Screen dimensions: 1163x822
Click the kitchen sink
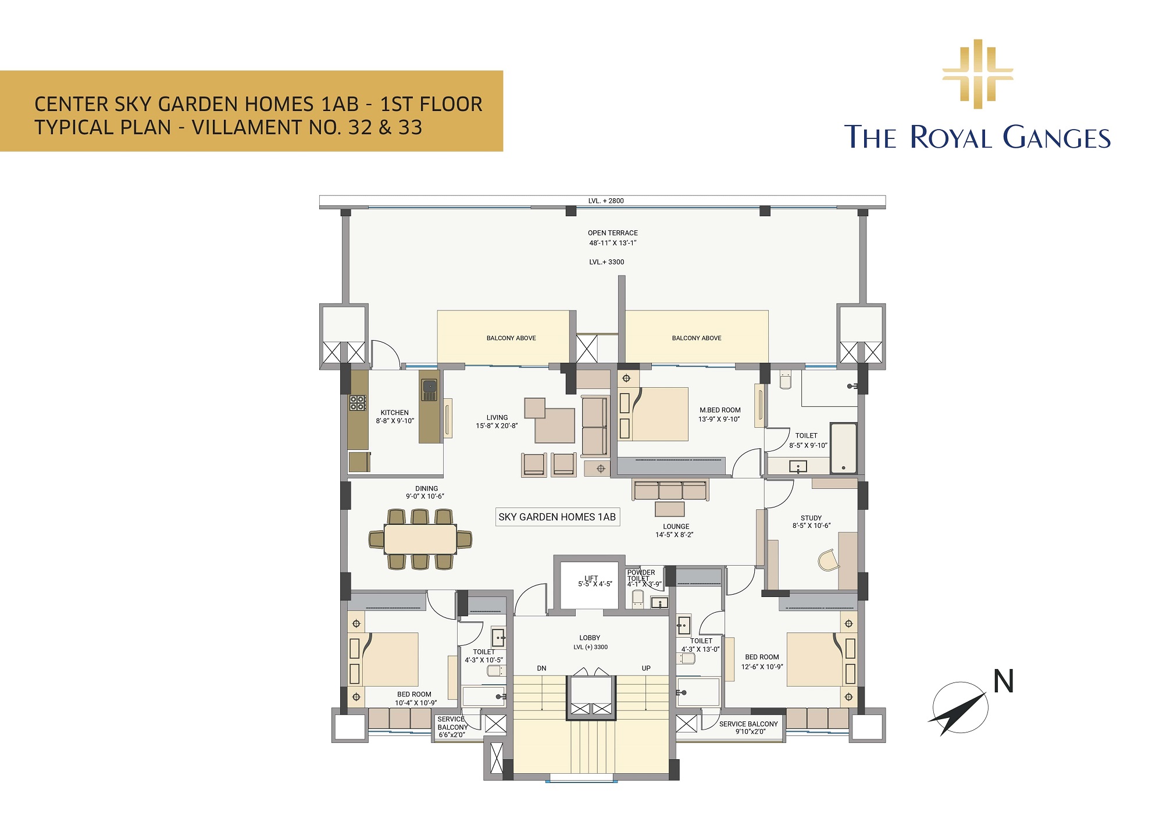coord(429,389)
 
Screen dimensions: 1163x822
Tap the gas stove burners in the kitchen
coord(357,402)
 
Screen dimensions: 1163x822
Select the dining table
coord(420,539)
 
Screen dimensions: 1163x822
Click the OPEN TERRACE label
coord(612,233)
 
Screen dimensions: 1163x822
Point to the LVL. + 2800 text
coord(606,201)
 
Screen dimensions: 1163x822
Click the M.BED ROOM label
coord(720,410)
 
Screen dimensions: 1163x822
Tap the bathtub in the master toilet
coord(843,448)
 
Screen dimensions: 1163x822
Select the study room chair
coord(828,560)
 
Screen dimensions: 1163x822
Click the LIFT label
coord(591,578)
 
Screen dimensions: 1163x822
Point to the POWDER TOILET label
coord(641,576)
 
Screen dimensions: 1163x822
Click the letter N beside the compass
coord(1004,681)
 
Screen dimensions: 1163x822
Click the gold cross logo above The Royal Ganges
coord(978,74)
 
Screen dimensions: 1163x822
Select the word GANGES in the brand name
coord(1057,137)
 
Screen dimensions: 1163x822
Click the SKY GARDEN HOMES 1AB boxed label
coord(557,517)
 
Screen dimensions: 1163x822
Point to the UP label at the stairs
coord(646,669)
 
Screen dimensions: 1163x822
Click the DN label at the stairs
coord(541,669)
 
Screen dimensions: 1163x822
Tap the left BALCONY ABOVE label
coord(511,338)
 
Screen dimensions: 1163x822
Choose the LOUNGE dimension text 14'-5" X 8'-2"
coord(675,535)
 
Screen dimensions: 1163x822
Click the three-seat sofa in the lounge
coord(670,490)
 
